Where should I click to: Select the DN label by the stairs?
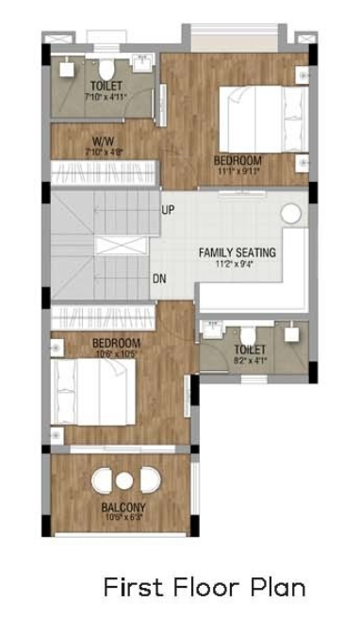click(161, 278)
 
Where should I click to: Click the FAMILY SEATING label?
click(237, 252)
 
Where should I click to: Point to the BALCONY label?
click(123, 507)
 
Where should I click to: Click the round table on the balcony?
click(123, 481)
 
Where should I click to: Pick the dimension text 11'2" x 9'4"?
click(237, 265)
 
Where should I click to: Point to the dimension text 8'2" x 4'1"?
click(249, 360)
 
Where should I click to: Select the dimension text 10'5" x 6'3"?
click(123, 517)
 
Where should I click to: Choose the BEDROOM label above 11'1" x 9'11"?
click(237, 160)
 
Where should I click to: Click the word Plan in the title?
click(278, 588)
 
